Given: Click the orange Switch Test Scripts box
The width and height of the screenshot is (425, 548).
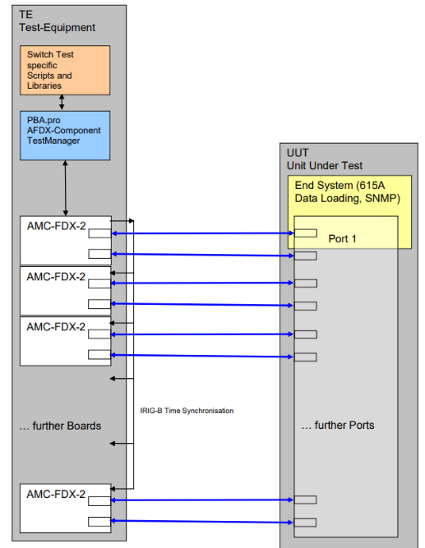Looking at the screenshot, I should pos(64,70).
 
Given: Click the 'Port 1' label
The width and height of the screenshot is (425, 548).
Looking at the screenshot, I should pos(344,238).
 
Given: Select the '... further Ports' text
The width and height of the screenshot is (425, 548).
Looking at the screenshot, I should pos(337,425).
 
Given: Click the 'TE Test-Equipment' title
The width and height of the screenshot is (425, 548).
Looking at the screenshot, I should pos(57,21).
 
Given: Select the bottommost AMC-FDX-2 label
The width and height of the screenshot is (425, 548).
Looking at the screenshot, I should pos(56,494).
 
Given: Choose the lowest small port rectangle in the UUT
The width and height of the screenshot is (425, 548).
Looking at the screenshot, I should pos(306,522).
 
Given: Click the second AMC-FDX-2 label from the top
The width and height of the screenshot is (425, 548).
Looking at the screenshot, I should pos(56,276).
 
